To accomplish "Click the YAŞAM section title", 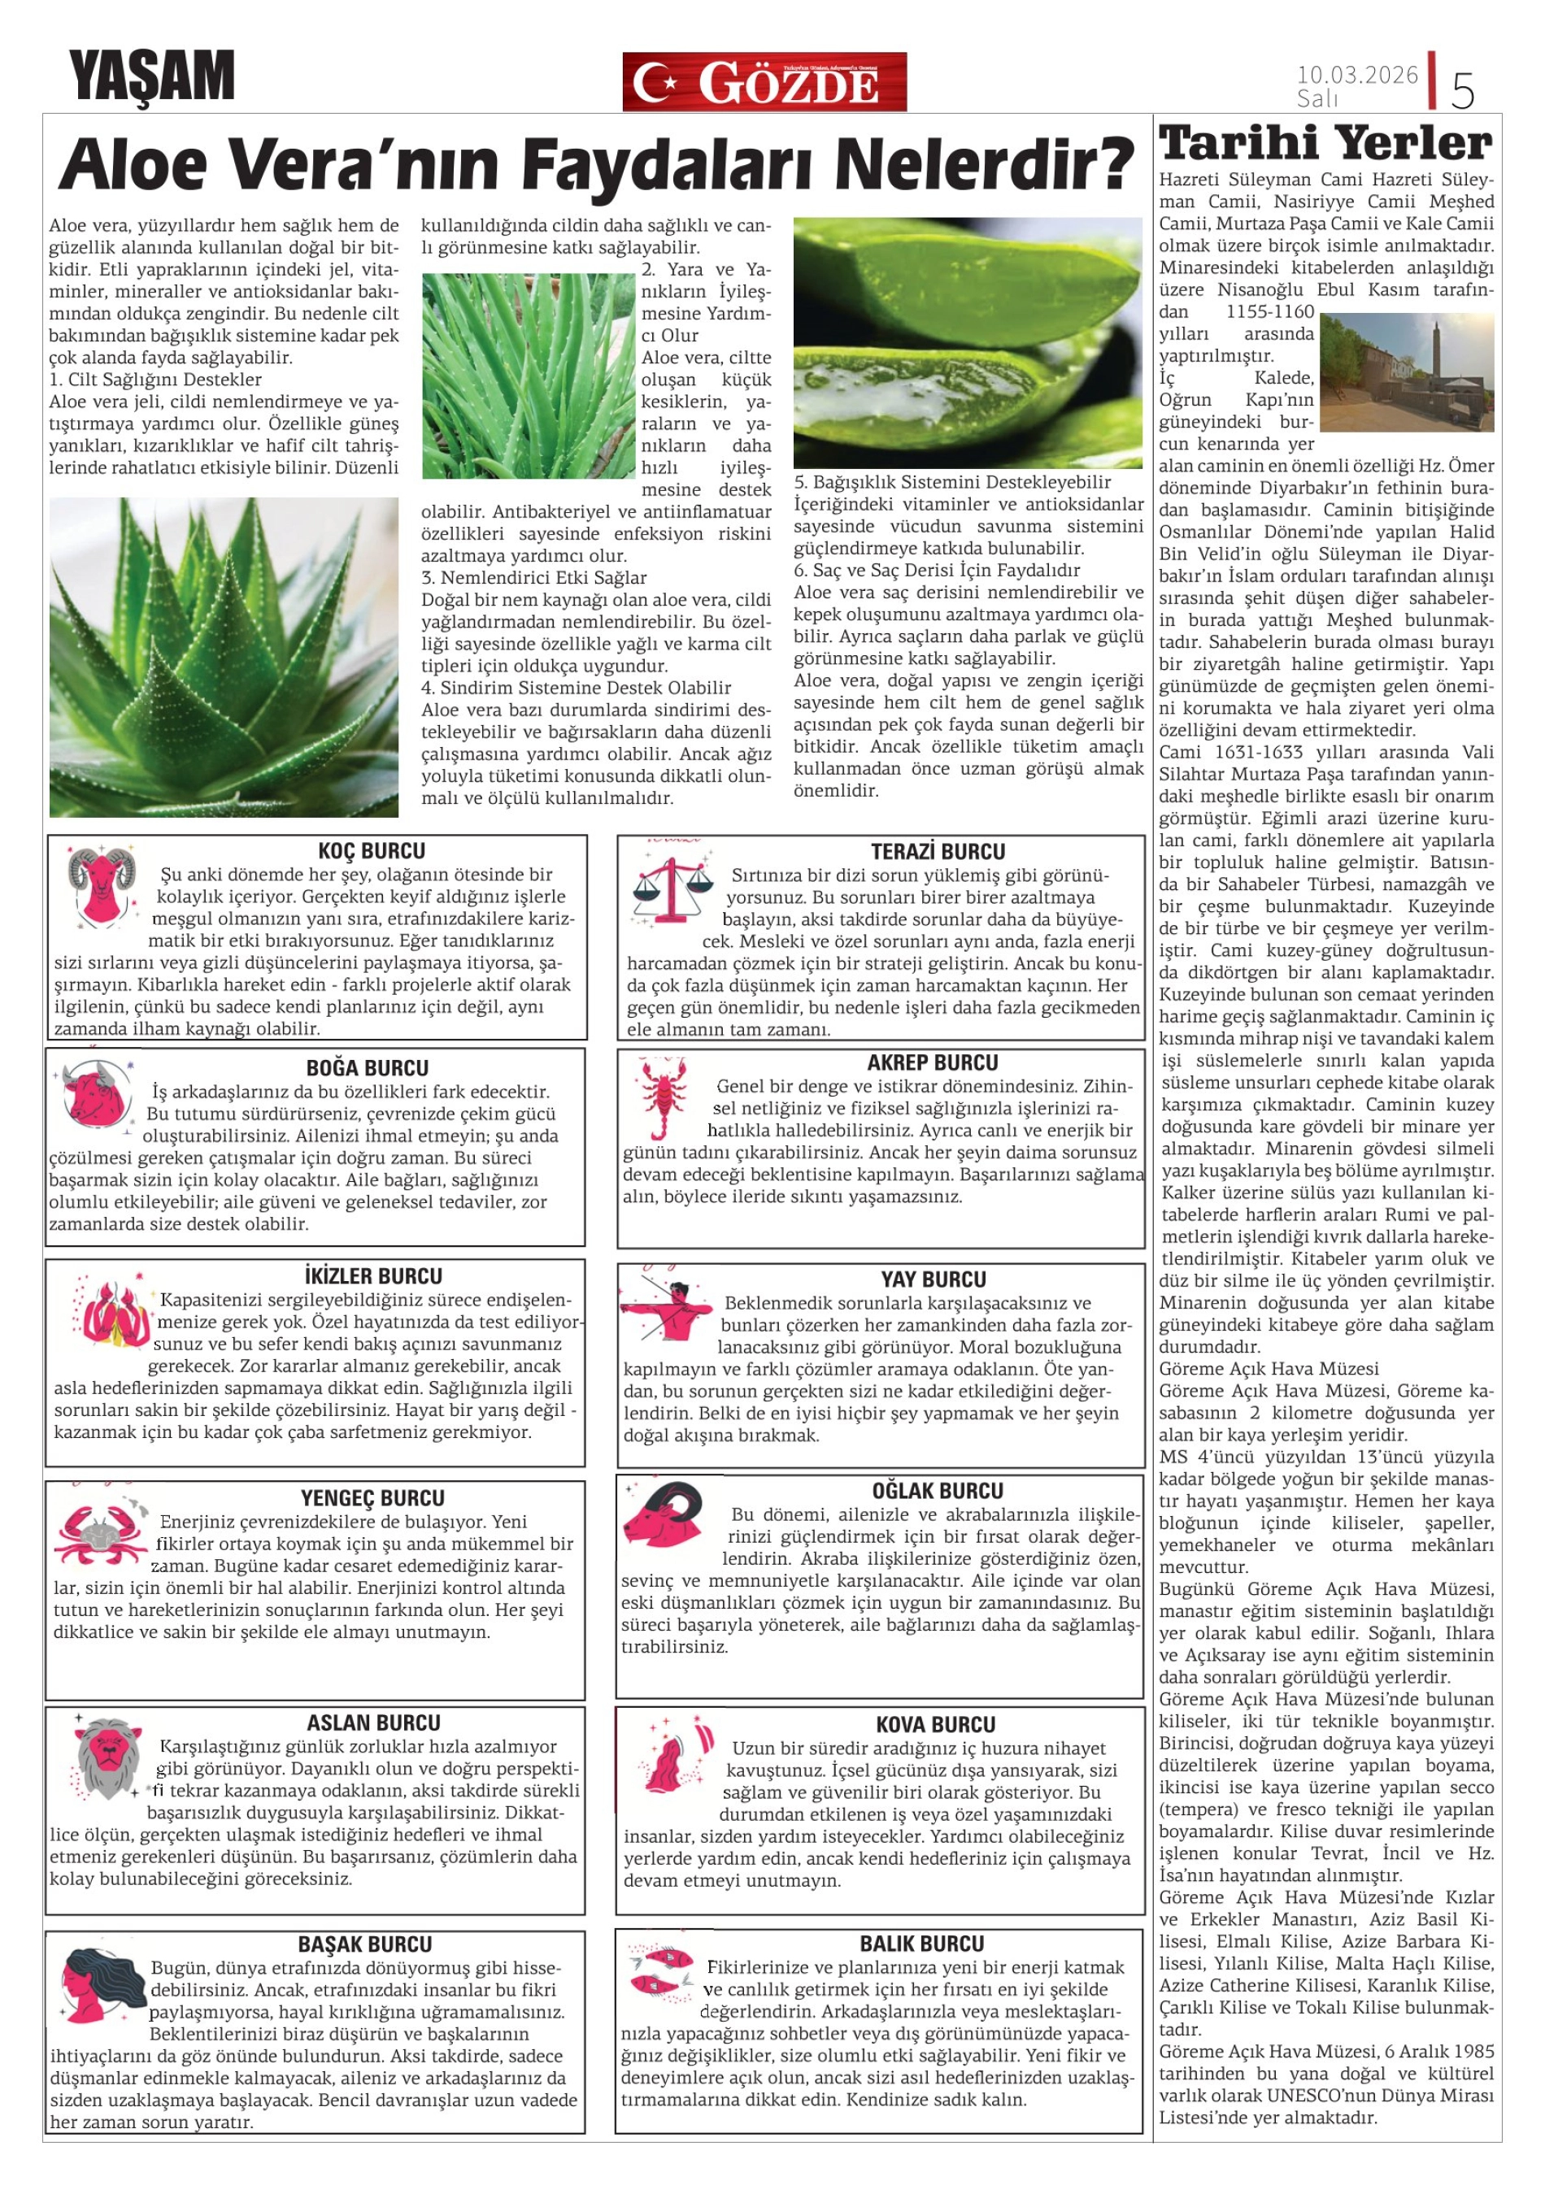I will point(151,76).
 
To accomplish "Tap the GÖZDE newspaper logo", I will point(764,82).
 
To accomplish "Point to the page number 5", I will point(1462,90).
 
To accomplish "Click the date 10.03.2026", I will point(1356,74).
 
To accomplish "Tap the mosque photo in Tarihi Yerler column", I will point(1406,372).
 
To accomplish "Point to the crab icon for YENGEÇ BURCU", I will point(100,1531).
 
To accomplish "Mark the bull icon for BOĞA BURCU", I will point(95,1093).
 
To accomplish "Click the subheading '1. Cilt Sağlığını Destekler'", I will point(155,380).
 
